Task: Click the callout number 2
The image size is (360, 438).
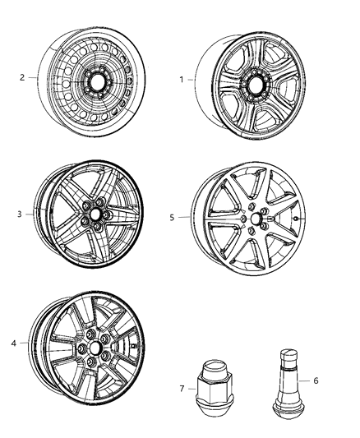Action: pos(23,77)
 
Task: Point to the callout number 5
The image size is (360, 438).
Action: pos(172,218)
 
